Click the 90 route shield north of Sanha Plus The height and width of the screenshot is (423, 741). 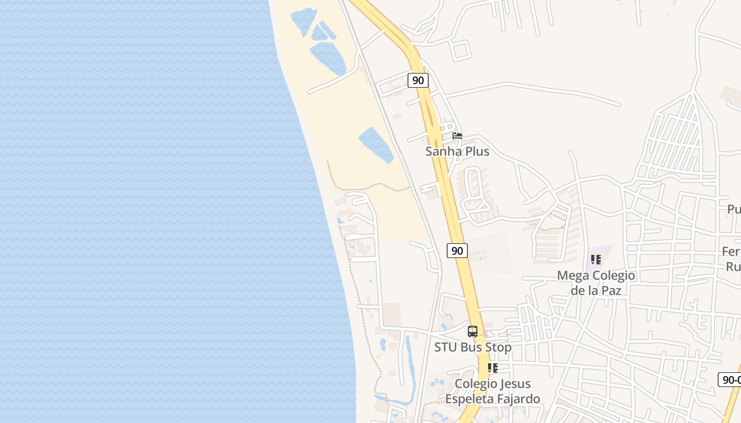[418, 80]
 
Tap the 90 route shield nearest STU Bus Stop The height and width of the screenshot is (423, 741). [457, 250]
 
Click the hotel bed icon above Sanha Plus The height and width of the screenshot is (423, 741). [457, 136]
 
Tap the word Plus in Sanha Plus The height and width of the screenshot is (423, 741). [476, 151]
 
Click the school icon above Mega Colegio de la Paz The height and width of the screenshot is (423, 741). [596, 260]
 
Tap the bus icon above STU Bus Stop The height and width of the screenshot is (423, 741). [473, 332]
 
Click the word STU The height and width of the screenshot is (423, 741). [446, 347]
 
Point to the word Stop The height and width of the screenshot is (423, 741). [499, 347]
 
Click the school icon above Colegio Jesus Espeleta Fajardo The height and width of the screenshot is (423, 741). [493, 368]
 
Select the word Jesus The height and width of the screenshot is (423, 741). [513, 384]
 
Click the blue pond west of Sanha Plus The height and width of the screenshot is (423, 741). [376, 144]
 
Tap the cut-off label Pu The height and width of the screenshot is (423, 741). [734, 209]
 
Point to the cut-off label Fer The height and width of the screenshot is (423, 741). [731, 252]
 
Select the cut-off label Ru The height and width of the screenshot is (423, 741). [733, 267]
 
